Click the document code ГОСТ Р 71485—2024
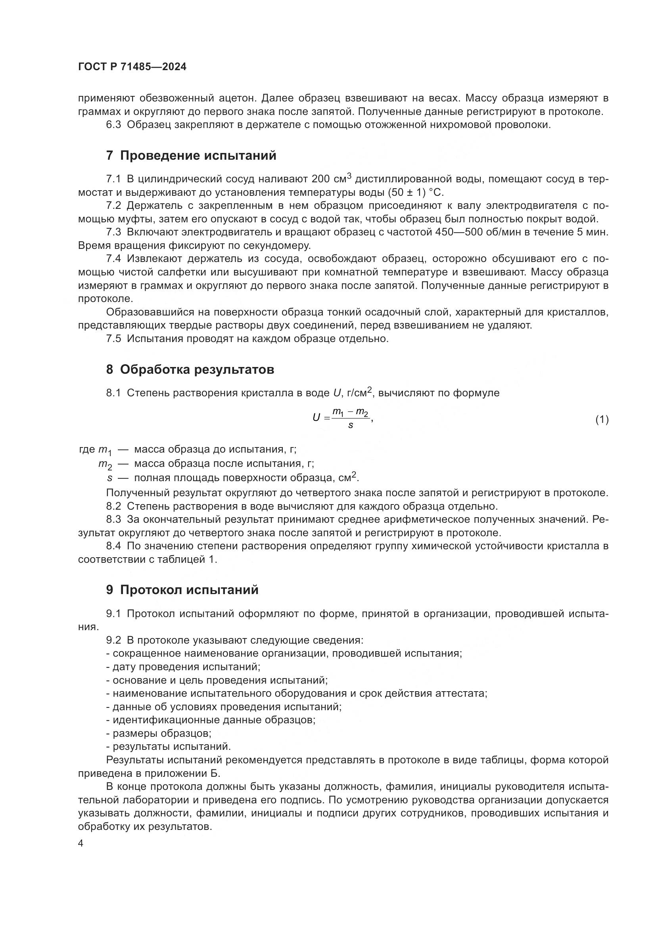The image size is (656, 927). click(132, 67)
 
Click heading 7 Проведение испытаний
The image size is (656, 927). click(191, 155)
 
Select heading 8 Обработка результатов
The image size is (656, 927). click(190, 369)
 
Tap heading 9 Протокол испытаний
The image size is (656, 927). click(182, 590)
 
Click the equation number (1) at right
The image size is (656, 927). click(602, 419)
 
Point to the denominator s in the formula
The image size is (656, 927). click(350, 425)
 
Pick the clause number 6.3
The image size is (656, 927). click(113, 125)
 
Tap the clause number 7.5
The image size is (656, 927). click(113, 338)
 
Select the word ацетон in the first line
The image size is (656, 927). click(234, 98)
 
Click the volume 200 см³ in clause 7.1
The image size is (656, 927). click(331, 178)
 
